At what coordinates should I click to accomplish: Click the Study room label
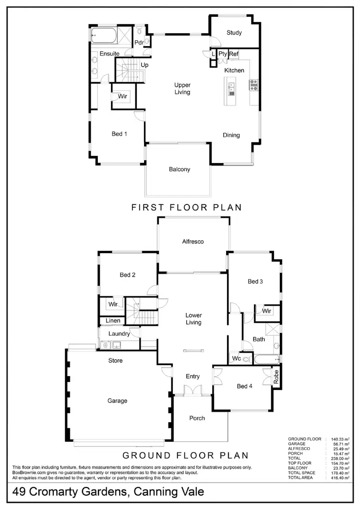coord(234,33)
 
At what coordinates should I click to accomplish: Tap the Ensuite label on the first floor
coord(109,53)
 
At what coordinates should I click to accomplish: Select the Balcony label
coord(180,169)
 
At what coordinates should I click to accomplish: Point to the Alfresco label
coord(193,241)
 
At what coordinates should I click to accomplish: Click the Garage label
coord(118,401)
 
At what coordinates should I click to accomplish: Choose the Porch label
coord(197,418)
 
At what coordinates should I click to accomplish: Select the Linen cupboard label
coord(113,320)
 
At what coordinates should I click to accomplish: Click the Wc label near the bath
coord(236,358)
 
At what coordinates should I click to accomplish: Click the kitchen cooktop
coord(253,85)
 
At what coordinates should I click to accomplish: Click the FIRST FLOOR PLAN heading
coord(186,207)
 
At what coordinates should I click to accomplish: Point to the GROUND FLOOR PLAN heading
coord(186,455)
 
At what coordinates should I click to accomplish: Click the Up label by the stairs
coord(144,64)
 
